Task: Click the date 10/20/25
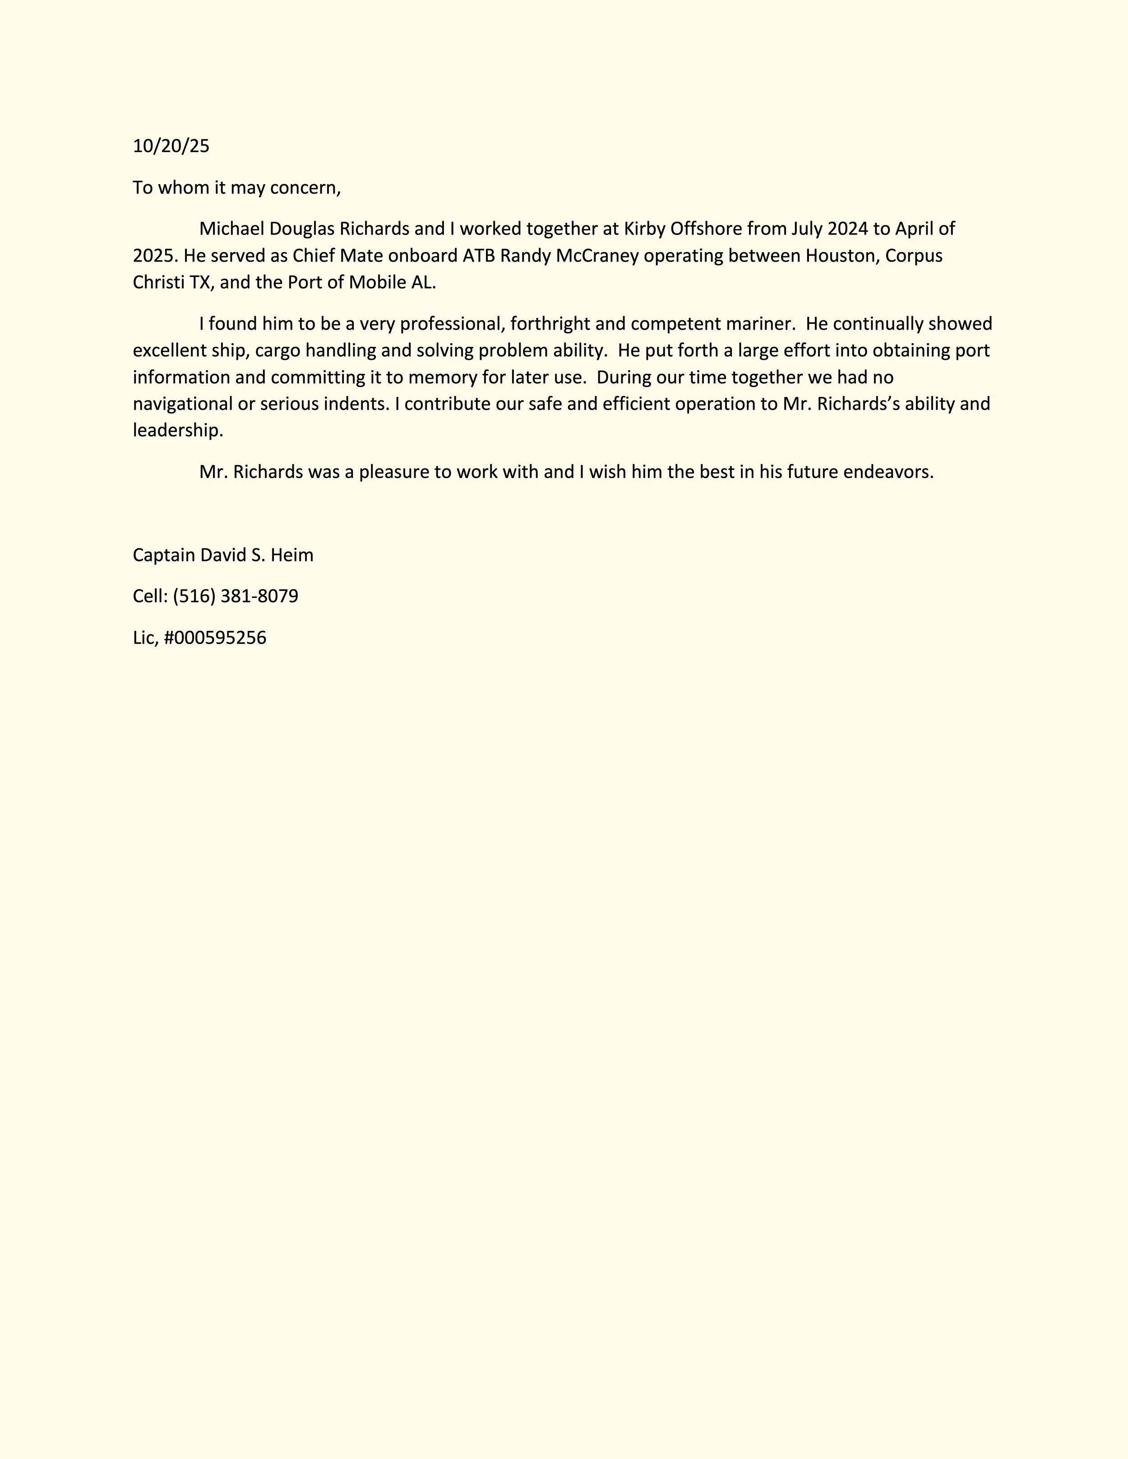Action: (x=171, y=146)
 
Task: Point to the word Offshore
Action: (x=706, y=229)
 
